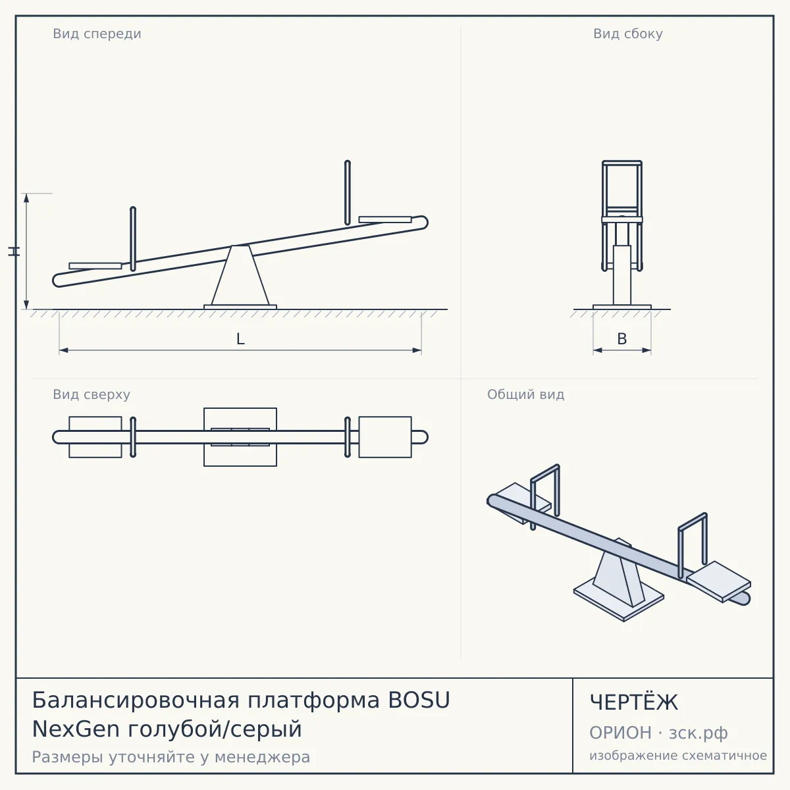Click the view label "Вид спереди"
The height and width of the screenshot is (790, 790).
pyautogui.click(x=97, y=34)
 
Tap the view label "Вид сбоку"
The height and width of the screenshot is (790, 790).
pyautogui.click(x=627, y=34)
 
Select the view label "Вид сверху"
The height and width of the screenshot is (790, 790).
pyautogui.click(x=92, y=394)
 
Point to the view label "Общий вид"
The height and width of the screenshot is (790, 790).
pyautogui.click(x=525, y=394)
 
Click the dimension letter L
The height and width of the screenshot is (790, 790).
pyautogui.click(x=240, y=339)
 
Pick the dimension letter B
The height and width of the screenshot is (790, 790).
pyautogui.click(x=622, y=338)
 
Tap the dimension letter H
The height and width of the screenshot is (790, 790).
pyautogui.click(x=14, y=251)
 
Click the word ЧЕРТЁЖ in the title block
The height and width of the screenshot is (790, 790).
pyautogui.click(x=633, y=702)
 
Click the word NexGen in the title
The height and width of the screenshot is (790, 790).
pyautogui.click(x=76, y=729)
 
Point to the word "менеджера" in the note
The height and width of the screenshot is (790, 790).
pyautogui.click(x=263, y=757)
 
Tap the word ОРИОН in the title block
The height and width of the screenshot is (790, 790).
pyautogui.click(x=620, y=733)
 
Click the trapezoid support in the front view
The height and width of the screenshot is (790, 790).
pyautogui.click(x=240, y=275)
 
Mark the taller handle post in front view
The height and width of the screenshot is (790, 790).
pyautogui.click(x=347, y=192)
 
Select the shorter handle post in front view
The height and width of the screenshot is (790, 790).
pyautogui.click(x=133, y=238)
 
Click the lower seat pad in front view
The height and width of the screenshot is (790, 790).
pyautogui.click(x=95, y=266)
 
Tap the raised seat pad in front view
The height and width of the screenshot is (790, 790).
pyautogui.click(x=385, y=219)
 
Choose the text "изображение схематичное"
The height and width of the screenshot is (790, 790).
pyautogui.click(x=678, y=755)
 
